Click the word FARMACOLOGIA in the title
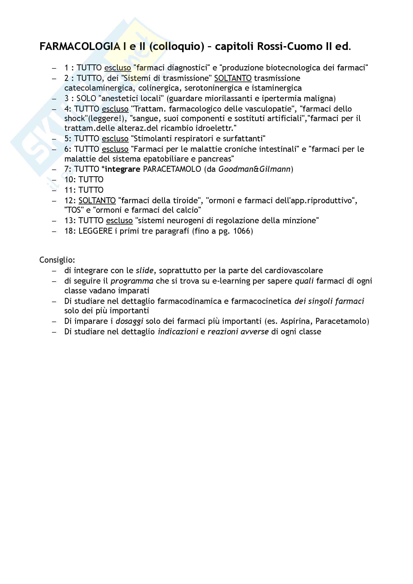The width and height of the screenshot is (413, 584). click(80, 46)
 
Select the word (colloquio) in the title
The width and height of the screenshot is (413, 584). click(177, 46)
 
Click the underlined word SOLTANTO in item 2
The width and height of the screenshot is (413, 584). click(233, 78)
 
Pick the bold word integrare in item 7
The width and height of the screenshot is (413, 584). click(122, 169)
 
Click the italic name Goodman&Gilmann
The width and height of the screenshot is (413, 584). click(254, 169)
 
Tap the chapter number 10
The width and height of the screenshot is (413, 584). click(69, 180)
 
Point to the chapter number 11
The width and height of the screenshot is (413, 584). click(69, 190)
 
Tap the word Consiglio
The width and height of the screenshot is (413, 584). click(57, 260)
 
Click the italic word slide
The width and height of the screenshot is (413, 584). click(144, 270)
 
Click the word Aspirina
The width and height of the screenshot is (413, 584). click(295, 321)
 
